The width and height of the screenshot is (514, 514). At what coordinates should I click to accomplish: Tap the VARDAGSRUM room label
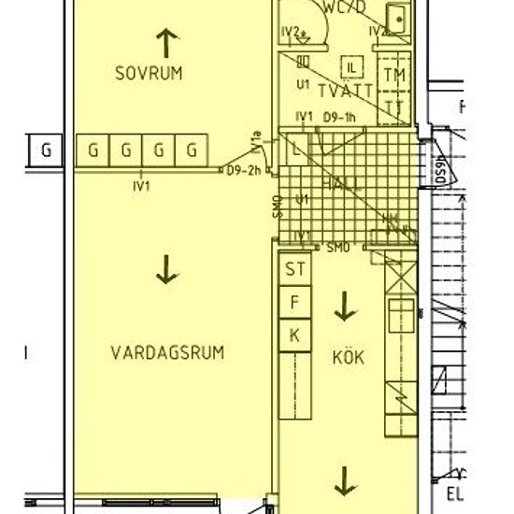coord(168,352)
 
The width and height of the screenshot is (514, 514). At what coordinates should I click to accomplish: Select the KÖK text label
coord(347,356)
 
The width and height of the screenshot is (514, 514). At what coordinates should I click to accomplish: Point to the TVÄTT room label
coord(346,91)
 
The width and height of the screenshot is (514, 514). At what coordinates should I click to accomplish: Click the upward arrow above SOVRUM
coord(167,39)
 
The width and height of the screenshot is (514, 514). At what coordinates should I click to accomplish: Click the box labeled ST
coord(296,271)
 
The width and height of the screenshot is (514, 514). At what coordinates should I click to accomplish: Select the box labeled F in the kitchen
coord(296,303)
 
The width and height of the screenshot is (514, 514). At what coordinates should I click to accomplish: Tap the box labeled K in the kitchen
coord(296,335)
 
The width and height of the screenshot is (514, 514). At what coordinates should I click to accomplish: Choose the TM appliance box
coord(396,75)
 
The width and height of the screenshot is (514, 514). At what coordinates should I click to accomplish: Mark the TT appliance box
coord(396,106)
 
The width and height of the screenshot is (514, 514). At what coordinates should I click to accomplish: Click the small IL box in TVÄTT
coord(352,66)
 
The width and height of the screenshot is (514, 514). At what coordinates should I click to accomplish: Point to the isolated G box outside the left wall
coord(45,149)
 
